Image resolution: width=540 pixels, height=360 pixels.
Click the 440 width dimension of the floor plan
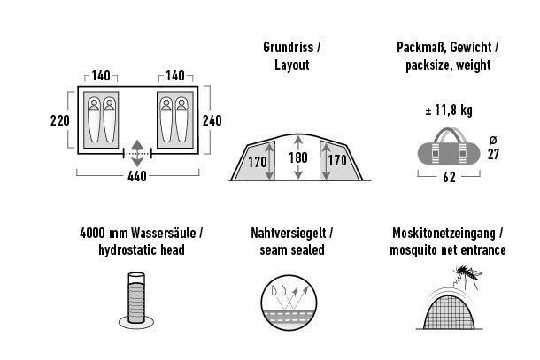click(137, 176)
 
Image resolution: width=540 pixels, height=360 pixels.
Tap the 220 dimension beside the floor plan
click(60, 120)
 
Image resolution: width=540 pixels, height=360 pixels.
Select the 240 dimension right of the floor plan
click(212, 120)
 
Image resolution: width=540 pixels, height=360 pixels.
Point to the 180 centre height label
click(298, 157)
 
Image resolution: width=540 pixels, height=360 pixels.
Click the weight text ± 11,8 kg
click(449, 111)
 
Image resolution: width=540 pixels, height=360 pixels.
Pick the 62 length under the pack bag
click(449, 177)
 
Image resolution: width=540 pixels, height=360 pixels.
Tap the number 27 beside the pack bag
click(493, 154)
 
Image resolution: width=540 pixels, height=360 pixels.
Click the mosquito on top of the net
click(467, 275)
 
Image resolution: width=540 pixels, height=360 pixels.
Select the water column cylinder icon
click(136, 300)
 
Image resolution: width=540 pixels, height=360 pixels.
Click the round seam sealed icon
click(289, 303)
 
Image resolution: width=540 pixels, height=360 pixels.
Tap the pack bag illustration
click(449, 147)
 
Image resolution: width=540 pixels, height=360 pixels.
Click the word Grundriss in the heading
click(289, 48)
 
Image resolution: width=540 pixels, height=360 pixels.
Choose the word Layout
click(292, 65)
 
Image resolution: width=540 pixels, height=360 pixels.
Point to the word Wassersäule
click(163, 233)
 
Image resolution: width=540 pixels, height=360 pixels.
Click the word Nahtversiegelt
click(289, 233)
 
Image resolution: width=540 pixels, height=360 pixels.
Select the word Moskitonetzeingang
click(444, 233)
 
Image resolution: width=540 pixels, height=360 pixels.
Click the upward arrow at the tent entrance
click(137, 145)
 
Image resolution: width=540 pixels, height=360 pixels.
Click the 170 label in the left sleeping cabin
click(258, 162)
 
